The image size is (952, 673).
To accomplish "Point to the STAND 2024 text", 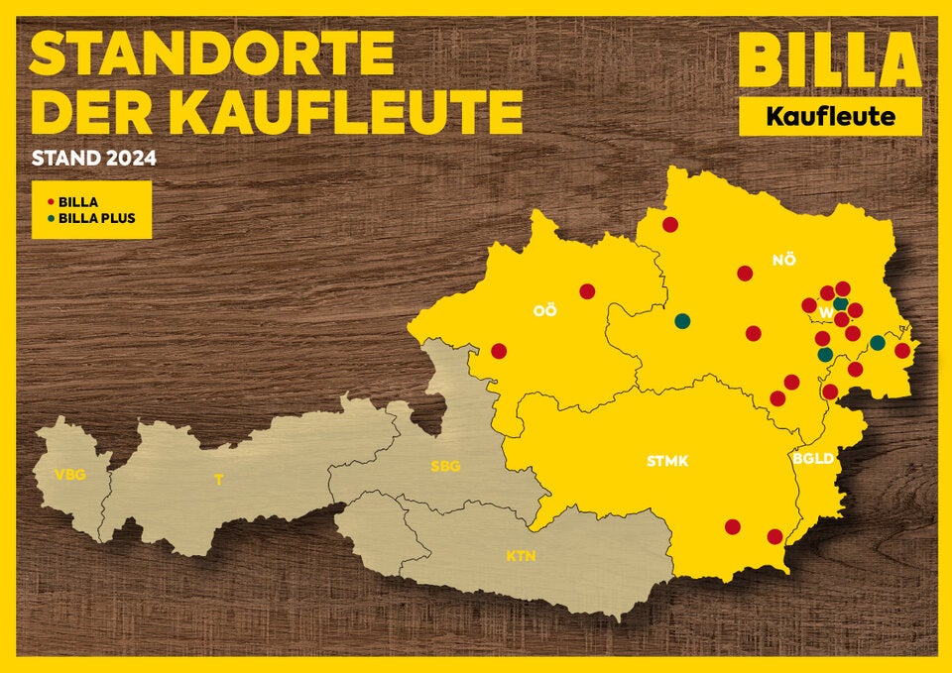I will [x=94, y=158].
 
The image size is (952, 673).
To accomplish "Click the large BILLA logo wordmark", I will [x=830, y=60].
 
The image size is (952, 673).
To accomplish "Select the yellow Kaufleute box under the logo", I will [x=830, y=117].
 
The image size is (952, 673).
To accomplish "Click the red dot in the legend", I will [x=51, y=201].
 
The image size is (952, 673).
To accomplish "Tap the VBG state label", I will [x=69, y=474].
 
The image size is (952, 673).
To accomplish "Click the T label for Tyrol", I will [x=219, y=481].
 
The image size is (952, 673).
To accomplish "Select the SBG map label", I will [x=445, y=466].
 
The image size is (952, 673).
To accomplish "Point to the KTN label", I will [x=521, y=556].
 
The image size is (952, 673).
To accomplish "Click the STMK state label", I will [x=667, y=460].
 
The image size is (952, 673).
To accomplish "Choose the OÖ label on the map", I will [x=544, y=310].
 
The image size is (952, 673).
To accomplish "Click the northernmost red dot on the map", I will [x=670, y=225].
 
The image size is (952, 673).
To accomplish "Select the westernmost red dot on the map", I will [x=499, y=351].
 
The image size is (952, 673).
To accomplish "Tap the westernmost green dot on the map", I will [x=682, y=321].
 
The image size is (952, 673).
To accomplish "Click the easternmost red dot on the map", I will [x=902, y=350].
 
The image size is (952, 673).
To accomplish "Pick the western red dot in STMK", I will [x=733, y=526].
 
